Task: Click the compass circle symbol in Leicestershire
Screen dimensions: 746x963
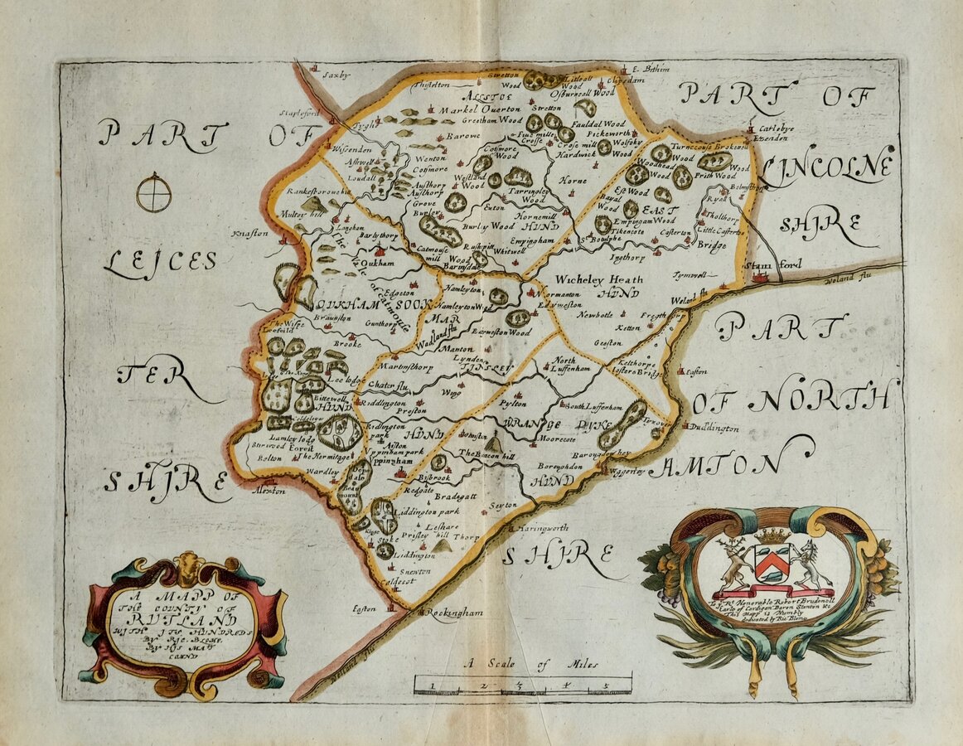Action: (154, 192)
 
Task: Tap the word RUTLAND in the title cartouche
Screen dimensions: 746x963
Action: (181, 618)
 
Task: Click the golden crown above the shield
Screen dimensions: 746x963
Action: (772, 535)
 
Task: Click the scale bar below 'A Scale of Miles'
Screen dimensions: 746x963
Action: (522, 685)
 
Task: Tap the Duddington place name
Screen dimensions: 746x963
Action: (714, 429)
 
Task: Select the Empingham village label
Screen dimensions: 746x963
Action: (531, 240)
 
